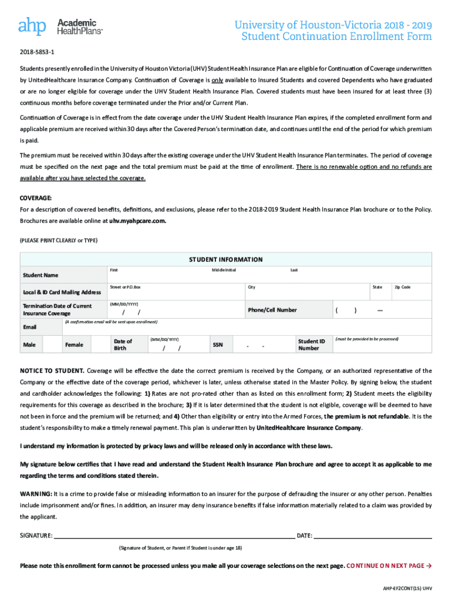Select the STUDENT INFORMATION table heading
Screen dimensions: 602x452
point(225,259)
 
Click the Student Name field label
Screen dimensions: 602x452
point(41,275)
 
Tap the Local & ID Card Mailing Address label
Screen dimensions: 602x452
point(62,292)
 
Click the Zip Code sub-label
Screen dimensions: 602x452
point(402,287)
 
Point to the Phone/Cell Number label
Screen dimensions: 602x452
point(272,310)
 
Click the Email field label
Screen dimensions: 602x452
point(29,327)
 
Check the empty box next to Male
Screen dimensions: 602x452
point(52,345)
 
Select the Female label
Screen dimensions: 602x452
point(74,345)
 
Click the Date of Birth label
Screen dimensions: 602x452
point(123,345)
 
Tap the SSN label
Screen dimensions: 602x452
point(217,345)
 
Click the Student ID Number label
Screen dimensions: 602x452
point(311,345)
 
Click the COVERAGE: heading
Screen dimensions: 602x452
point(36,198)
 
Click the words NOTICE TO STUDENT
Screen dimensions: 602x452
point(52,371)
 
